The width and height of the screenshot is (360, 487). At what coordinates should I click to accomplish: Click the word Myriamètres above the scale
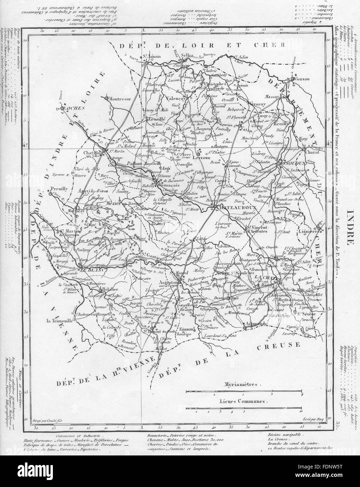241,384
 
